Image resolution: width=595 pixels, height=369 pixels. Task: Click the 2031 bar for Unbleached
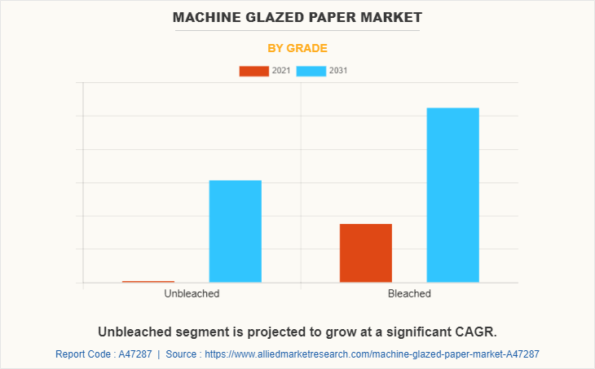coord(235,231)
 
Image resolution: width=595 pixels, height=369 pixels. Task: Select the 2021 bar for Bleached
coord(365,253)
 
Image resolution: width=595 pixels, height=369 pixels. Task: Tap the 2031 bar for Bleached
coord(452,195)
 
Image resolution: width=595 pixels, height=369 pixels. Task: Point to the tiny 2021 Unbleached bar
coord(148,282)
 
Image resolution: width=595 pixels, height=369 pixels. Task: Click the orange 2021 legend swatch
coord(253,71)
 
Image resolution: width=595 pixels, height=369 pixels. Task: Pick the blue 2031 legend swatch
coord(311,71)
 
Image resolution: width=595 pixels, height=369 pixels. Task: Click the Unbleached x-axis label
coord(192,293)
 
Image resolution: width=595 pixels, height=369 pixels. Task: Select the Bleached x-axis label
coord(409,293)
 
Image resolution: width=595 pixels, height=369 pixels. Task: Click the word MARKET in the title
coord(394,16)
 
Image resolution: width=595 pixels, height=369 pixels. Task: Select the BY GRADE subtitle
coord(297,48)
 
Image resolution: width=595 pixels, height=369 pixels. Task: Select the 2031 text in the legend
coord(339,71)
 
